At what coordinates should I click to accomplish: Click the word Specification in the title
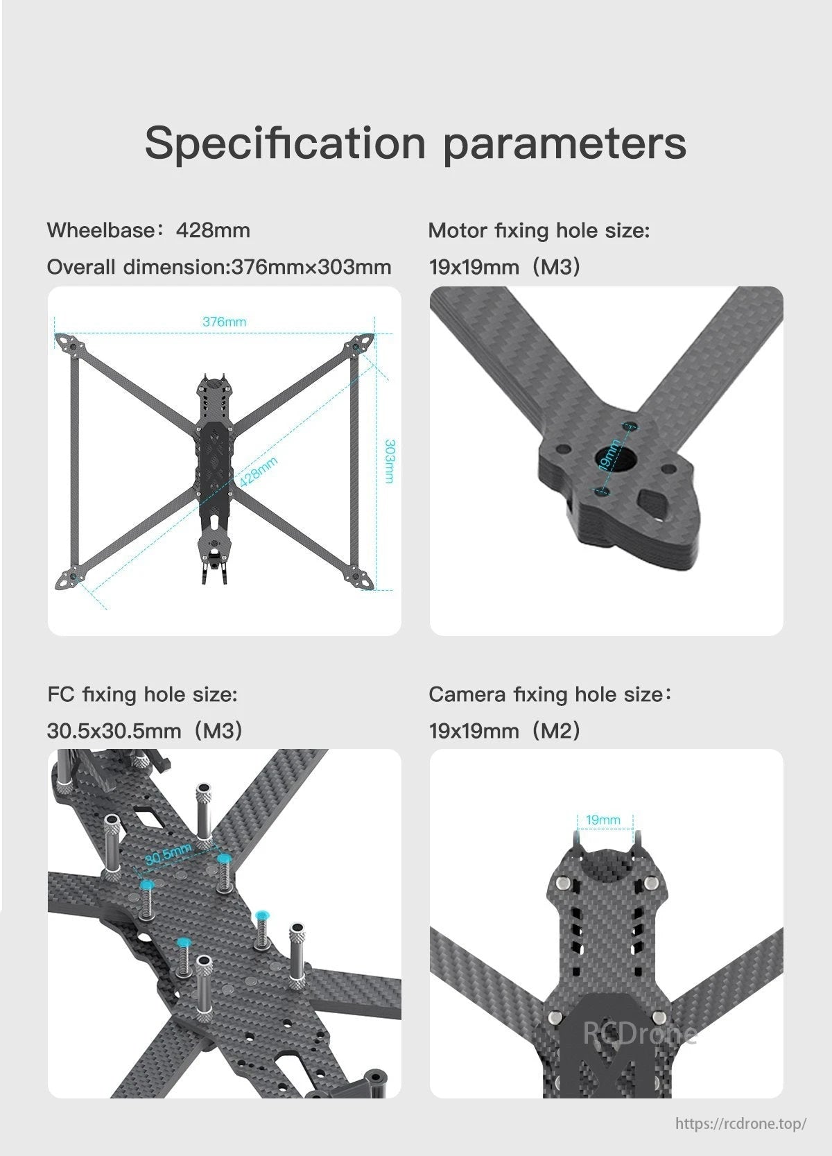point(284,144)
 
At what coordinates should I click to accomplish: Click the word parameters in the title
point(564,144)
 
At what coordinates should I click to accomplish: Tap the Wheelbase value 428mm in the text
point(213,230)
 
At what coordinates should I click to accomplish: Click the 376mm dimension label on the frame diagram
point(224,322)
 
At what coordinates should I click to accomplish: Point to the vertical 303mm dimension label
point(390,461)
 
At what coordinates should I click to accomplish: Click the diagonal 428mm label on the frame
point(258,472)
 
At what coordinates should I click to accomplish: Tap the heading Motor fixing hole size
point(539,230)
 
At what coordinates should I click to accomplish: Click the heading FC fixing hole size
point(142,694)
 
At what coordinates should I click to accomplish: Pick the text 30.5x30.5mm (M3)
point(144,731)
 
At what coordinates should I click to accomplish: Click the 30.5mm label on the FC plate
point(168,854)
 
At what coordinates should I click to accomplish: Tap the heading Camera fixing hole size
point(549,694)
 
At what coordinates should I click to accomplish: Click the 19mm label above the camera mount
point(603,820)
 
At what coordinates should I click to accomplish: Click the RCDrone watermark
point(639,1034)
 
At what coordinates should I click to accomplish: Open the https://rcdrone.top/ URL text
point(740,1123)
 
